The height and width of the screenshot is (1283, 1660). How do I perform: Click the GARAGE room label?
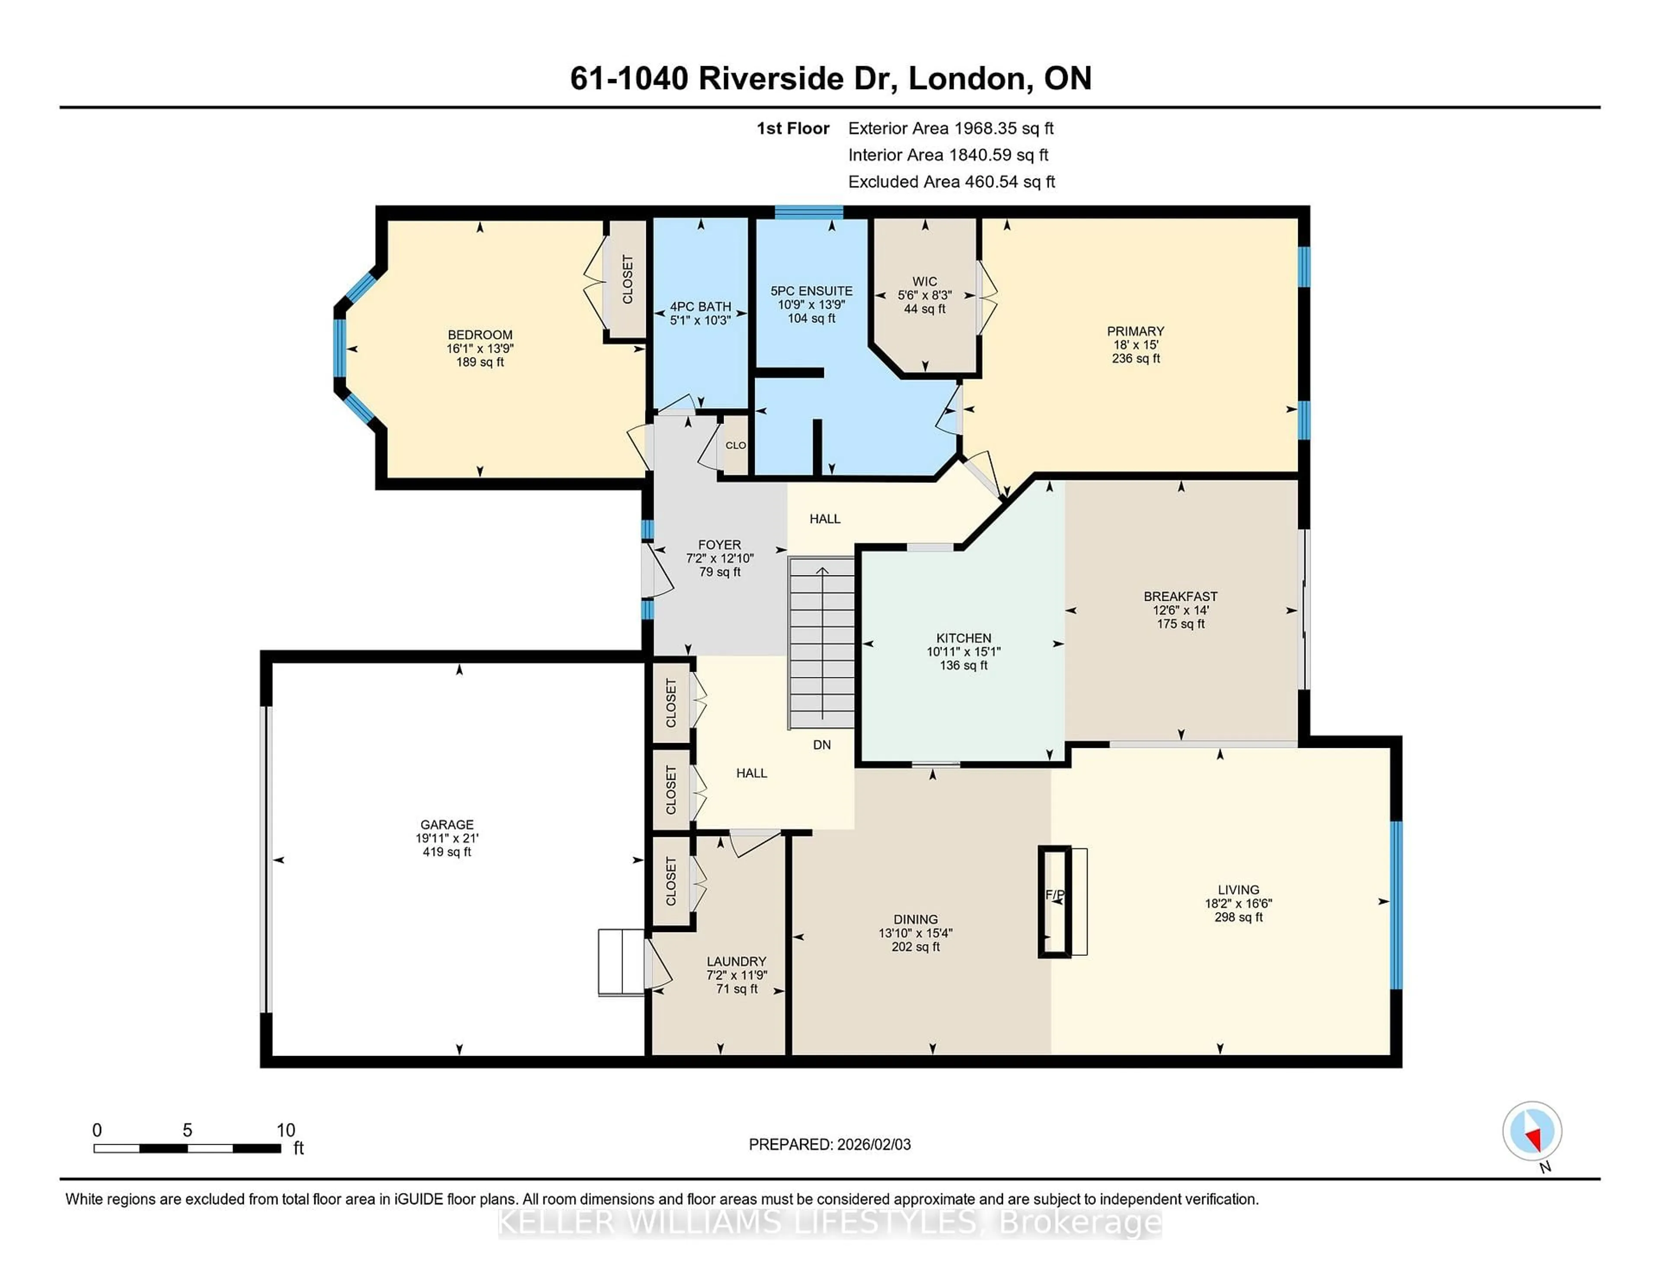coord(447,825)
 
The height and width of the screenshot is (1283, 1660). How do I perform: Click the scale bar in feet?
coord(187,1148)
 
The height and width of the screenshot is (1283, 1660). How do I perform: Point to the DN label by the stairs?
coord(822,745)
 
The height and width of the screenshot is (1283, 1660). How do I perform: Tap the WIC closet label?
coord(924,281)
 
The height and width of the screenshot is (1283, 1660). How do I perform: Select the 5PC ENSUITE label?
coord(811,291)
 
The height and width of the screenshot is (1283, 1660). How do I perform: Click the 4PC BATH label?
coord(700,307)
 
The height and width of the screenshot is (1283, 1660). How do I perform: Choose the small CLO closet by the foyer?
coord(735,445)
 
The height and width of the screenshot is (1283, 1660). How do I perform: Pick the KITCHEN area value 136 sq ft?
coord(963,666)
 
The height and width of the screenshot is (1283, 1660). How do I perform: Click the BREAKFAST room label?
coord(1181,597)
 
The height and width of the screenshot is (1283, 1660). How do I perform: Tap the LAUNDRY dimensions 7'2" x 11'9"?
coord(737,975)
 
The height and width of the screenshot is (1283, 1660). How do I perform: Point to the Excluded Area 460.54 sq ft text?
coord(951,182)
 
